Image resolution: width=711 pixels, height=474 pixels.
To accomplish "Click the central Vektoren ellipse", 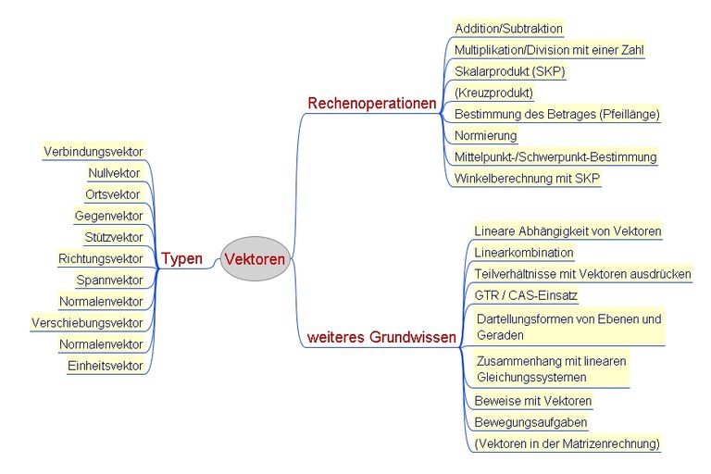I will coord(255,259).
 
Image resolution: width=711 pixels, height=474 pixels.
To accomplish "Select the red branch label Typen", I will coord(181,258).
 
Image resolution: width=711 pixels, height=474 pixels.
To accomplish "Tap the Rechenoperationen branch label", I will coord(371,104).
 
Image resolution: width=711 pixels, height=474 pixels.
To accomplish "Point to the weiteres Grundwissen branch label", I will coord(381,338).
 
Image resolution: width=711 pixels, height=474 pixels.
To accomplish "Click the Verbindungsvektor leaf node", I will coord(94,151).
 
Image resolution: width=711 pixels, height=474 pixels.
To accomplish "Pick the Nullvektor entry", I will coord(115,173).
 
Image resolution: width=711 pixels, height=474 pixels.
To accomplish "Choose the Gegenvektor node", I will coord(108,216).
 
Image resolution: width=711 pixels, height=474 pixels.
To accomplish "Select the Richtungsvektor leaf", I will coord(101,258).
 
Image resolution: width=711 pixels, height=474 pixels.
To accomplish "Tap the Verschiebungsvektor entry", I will coord(87,323).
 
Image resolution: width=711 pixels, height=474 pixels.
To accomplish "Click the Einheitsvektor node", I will coord(106,366).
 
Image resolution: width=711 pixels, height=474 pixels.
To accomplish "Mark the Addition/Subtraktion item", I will coord(508,29).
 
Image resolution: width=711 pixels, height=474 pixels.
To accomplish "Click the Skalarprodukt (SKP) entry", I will coord(509,71).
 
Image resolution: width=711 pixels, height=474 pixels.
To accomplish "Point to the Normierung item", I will coord(486,135).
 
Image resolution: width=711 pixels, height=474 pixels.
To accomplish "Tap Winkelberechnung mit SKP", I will coord(527,178).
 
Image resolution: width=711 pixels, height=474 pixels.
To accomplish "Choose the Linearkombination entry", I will coord(524,252).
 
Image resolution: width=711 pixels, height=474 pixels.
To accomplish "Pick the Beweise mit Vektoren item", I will coord(532,401).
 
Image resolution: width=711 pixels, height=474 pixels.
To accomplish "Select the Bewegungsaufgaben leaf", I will coord(530,422).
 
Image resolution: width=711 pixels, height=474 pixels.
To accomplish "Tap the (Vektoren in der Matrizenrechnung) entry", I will coord(567,443).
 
